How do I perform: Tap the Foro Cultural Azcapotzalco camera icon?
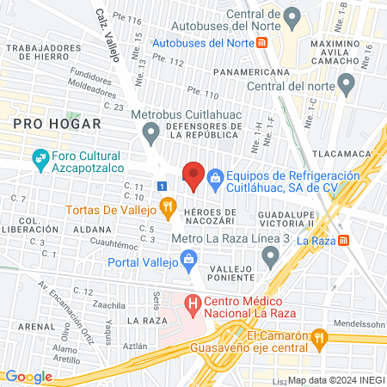[x=40, y=159]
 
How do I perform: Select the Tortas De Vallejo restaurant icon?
[x=168, y=207]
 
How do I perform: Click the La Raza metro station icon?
[x=344, y=241]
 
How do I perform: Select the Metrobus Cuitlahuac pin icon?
[x=152, y=133]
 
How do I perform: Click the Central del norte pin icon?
[x=347, y=84]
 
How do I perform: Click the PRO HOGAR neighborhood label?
[x=45, y=124]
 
